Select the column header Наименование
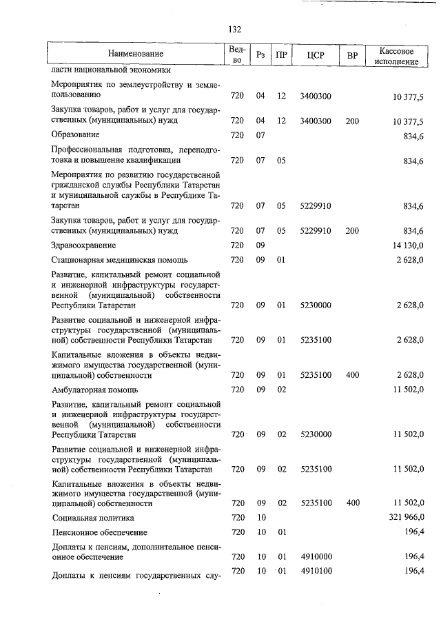click(136, 54)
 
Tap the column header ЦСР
click(316, 54)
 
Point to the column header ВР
click(352, 54)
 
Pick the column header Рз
click(260, 54)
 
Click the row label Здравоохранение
click(83, 245)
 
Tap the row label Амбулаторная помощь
click(94, 390)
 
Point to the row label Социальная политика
click(93, 517)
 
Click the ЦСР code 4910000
click(316, 556)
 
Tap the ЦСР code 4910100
click(316, 572)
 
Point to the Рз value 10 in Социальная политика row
click(260, 517)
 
